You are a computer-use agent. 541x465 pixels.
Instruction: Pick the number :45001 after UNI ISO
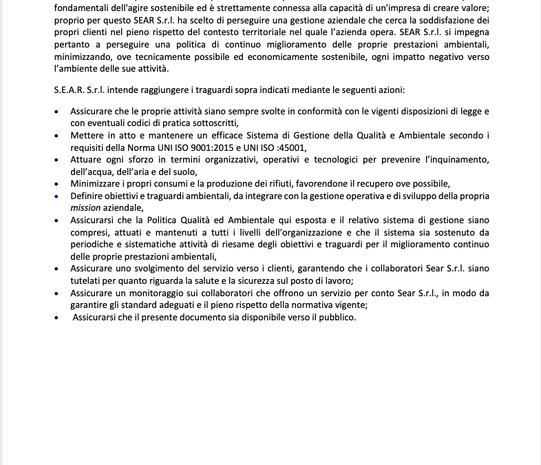coord(291,147)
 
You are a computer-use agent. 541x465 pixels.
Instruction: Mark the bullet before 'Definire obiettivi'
coord(56,196)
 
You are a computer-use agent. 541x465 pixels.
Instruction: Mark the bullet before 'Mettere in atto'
coord(56,135)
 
